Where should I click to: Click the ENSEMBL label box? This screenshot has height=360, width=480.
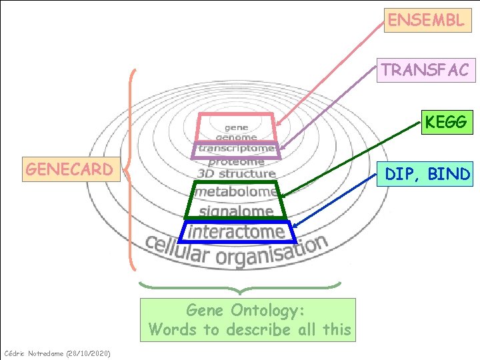[x=426, y=20]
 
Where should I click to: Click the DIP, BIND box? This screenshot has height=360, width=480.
[x=427, y=174]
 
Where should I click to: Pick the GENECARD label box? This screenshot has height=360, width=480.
[x=69, y=169]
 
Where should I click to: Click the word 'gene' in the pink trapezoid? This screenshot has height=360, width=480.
[x=236, y=127]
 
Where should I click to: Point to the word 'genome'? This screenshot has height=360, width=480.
[x=236, y=137]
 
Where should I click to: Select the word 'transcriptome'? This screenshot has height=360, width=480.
[x=237, y=149]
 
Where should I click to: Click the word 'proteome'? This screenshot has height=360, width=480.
[x=237, y=161]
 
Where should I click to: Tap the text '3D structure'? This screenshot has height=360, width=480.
[x=237, y=174]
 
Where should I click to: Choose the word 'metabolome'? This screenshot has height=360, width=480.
[x=237, y=192]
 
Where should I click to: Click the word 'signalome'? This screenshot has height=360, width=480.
[x=237, y=212]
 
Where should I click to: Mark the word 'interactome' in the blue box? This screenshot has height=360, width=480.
[x=237, y=231]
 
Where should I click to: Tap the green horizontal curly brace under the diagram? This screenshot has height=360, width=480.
[x=239, y=287]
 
